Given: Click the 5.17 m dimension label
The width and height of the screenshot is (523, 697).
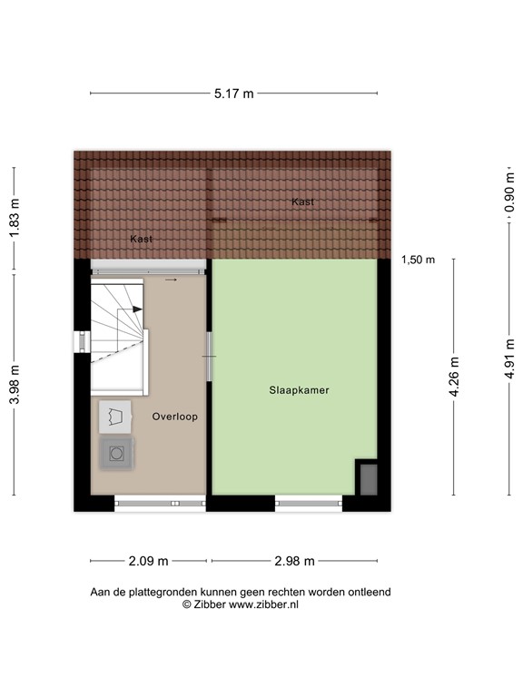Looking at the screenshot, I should click(x=234, y=93).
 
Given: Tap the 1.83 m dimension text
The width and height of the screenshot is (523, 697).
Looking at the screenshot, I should click(x=13, y=218).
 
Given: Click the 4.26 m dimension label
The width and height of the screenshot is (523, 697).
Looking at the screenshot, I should click(x=454, y=376).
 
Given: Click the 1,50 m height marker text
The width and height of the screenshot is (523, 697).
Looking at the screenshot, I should click(x=418, y=260).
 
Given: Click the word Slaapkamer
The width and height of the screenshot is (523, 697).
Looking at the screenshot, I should click(x=298, y=391).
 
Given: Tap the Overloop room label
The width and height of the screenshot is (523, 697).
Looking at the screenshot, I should click(x=175, y=417).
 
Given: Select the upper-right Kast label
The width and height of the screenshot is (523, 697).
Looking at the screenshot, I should click(x=302, y=201).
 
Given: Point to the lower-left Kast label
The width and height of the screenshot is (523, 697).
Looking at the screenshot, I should click(x=141, y=239).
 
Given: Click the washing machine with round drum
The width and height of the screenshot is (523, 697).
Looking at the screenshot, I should click(x=117, y=451).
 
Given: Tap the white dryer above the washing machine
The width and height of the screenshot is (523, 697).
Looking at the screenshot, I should click(x=116, y=416).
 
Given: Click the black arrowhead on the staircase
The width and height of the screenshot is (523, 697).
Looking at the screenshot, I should click(x=137, y=309).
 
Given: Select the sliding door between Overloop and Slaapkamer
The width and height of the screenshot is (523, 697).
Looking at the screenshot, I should click(x=210, y=355).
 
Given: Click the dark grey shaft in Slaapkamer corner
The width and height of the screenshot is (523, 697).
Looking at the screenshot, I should click(x=368, y=478).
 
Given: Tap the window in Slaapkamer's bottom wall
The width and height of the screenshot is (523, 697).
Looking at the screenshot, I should click(x=309, y=502).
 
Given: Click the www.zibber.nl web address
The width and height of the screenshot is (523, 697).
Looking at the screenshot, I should click(x=256, y=604).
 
